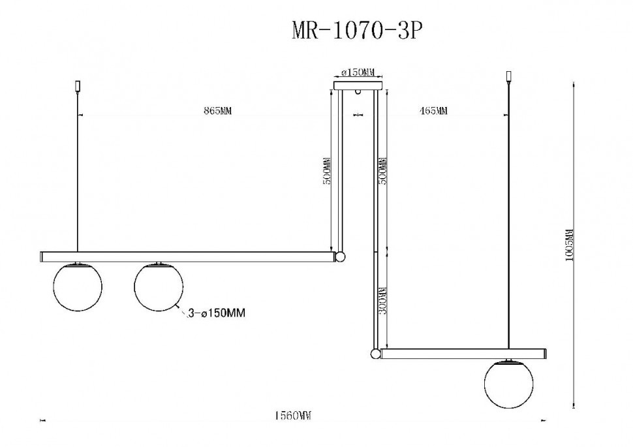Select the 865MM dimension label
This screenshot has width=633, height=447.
217,112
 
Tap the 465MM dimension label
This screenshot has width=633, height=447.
433,112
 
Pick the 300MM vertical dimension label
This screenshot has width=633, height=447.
383,301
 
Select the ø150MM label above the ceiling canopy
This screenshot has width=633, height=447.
358,73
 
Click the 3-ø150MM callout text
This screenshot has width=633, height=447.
216,314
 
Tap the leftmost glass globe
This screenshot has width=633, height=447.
76,286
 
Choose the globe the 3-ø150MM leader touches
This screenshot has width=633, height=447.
158,286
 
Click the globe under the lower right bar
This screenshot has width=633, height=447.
509,384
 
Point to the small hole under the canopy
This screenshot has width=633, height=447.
358,95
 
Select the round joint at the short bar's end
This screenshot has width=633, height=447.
375,354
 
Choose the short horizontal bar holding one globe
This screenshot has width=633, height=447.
463,354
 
